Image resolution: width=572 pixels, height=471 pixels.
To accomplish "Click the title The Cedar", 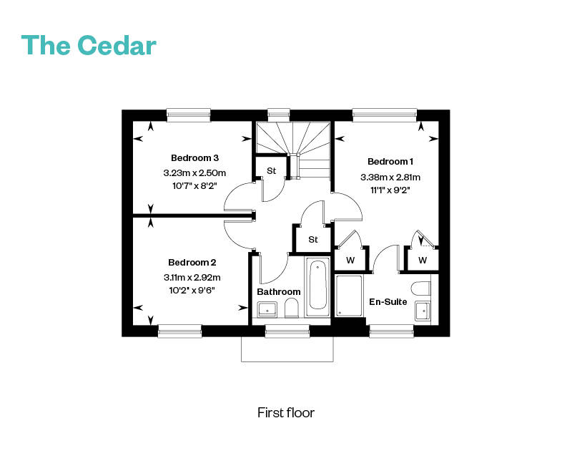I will [x=89, y=45].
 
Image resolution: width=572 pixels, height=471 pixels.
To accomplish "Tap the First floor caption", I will [x=286, y=413].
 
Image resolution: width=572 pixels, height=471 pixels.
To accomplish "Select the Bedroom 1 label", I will [x=390, y=162].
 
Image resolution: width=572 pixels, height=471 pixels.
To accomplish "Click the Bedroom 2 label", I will [x=192, y=263].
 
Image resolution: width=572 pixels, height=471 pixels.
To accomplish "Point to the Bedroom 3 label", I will [x=194, y=157].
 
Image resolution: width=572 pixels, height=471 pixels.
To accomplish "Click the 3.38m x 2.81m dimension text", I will [x=390, y=177].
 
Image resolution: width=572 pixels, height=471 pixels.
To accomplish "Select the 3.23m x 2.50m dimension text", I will [x=194, y=173].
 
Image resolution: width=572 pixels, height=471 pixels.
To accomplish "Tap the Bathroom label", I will [x=279, y=292].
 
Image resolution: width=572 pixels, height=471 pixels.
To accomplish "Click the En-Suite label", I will [x=388, y=302].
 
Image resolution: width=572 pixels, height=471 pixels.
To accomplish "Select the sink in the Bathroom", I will [x=266, y=309].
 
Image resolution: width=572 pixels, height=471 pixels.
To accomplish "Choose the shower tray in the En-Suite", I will [x=350, y=296].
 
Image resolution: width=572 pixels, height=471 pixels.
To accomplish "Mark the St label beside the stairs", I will [x=272, y=171].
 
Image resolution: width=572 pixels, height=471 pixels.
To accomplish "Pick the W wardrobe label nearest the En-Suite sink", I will [x=423, y=260].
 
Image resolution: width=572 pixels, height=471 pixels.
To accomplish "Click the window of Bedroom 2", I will [x=179, y=330].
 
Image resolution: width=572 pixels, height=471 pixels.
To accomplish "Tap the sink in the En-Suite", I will [x=422, y=311].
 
